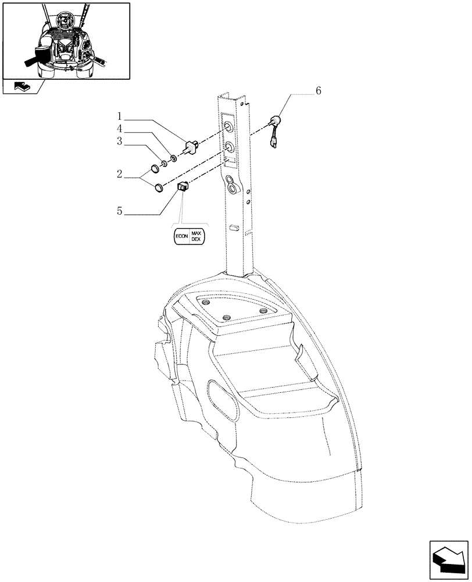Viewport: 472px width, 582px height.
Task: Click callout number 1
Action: click(x=119, y=116)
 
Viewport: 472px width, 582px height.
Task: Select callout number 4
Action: click(x=119, y=129)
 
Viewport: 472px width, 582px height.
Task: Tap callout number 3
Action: click(x=119, y=141)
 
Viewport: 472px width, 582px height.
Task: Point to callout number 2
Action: click(x=119, y=173)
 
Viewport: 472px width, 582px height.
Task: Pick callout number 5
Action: click(x=119, y=211)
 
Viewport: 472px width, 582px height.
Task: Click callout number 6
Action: click(x=317, y=91)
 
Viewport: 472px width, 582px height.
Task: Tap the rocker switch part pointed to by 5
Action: click(x=182, y=186)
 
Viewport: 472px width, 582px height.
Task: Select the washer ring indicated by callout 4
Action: click(x=174, y=158)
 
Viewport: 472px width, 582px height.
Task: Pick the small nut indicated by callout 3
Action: click(x=165, y=163)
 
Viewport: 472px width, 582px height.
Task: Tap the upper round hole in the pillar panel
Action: click(x=230, y=127)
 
